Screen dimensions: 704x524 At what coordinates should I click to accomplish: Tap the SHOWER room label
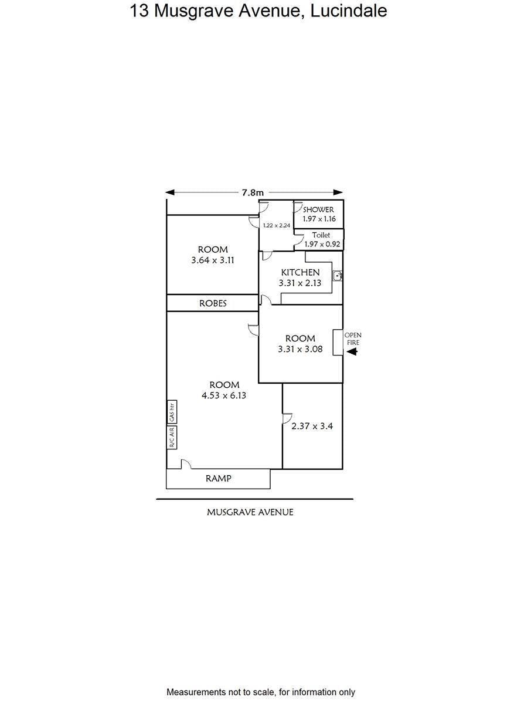coord(318,209)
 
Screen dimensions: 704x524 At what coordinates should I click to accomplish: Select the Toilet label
coord(321,235)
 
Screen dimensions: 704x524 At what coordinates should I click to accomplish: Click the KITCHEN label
coord(300,272)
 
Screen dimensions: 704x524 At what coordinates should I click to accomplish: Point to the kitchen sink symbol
coord(337,275)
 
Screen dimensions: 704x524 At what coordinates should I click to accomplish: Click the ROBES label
coord(213,303)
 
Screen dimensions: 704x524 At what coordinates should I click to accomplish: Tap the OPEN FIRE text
coord(353,339)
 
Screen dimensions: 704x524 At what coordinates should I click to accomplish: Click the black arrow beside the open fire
coord(352,352)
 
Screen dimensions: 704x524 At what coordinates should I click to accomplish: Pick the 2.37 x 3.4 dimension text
coord(312,427)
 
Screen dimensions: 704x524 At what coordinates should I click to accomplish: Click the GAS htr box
coord(172,412)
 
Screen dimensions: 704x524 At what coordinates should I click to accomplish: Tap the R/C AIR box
coord(172,437)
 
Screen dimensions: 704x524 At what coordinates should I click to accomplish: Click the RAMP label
coord(218,479)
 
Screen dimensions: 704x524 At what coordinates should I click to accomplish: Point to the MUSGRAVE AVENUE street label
coord(250,512)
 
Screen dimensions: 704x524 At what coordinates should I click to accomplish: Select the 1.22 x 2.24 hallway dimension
coord(277,225)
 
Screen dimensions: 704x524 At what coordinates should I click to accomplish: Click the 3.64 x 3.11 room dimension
coord(213,260)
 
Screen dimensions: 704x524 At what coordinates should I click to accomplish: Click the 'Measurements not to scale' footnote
coord(261,692)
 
